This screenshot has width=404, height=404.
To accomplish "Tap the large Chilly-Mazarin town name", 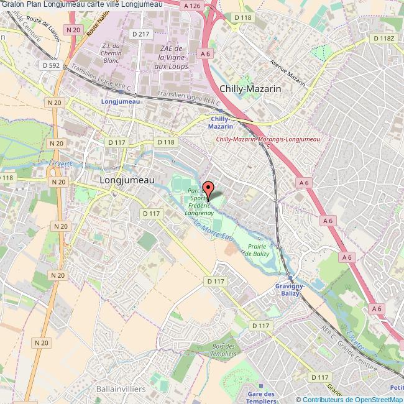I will point(250,89).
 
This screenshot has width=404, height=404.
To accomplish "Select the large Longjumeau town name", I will point(127,178).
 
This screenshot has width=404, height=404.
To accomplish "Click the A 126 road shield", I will point(193,5).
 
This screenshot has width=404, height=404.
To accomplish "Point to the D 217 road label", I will point(139,34).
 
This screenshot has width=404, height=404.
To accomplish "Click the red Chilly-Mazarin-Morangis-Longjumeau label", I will point(267,139).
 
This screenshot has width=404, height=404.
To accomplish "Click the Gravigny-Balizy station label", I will point(288,290).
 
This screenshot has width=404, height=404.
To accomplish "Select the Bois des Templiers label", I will point(224,350).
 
